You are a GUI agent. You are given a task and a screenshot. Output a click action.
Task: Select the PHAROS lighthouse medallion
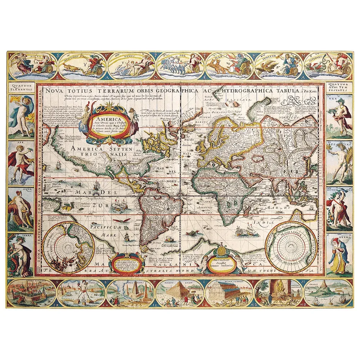[x=328, y=293]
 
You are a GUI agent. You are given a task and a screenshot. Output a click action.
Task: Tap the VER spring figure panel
[x=339, y=116]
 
